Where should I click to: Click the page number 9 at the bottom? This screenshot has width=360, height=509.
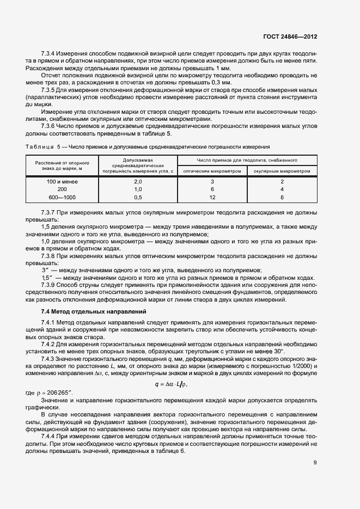pos(315,463)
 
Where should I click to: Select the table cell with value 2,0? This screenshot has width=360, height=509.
pos(138,181)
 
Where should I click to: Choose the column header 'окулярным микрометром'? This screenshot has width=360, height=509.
pos(282,170)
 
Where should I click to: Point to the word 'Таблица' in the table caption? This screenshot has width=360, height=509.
pos(39,147)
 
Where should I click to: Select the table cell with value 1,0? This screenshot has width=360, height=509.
pos(138,188)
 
